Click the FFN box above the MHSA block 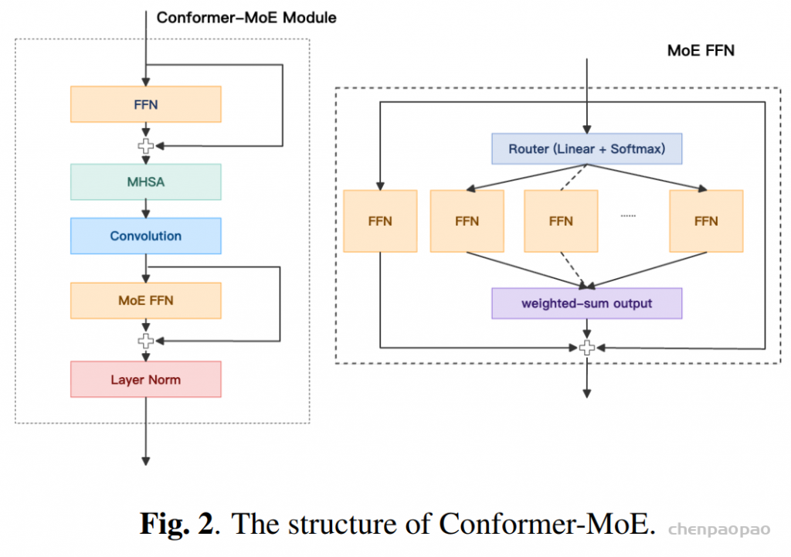(x=145, y=104)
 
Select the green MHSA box (x=145, y=182)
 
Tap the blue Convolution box (x=145, y=236)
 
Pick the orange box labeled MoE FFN (x=145, y=301)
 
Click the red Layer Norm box (x=145, y=379)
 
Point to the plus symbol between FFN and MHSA (x=145, y=146)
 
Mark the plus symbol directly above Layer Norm (x=145, y=341)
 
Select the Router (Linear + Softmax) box (x=586, y=149)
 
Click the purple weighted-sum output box (x=586, y=304)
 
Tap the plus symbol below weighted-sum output (x=586, y=348)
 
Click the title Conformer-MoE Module (x=246, y=17)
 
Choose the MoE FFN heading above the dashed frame (x=701, y=51)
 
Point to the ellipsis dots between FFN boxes (x=628, y=216)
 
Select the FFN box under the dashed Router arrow (x=561, y=221)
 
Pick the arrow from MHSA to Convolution (x=145, y=209)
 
